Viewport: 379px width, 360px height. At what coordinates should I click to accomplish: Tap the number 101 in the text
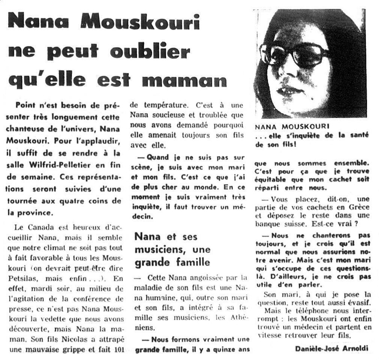116,342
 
